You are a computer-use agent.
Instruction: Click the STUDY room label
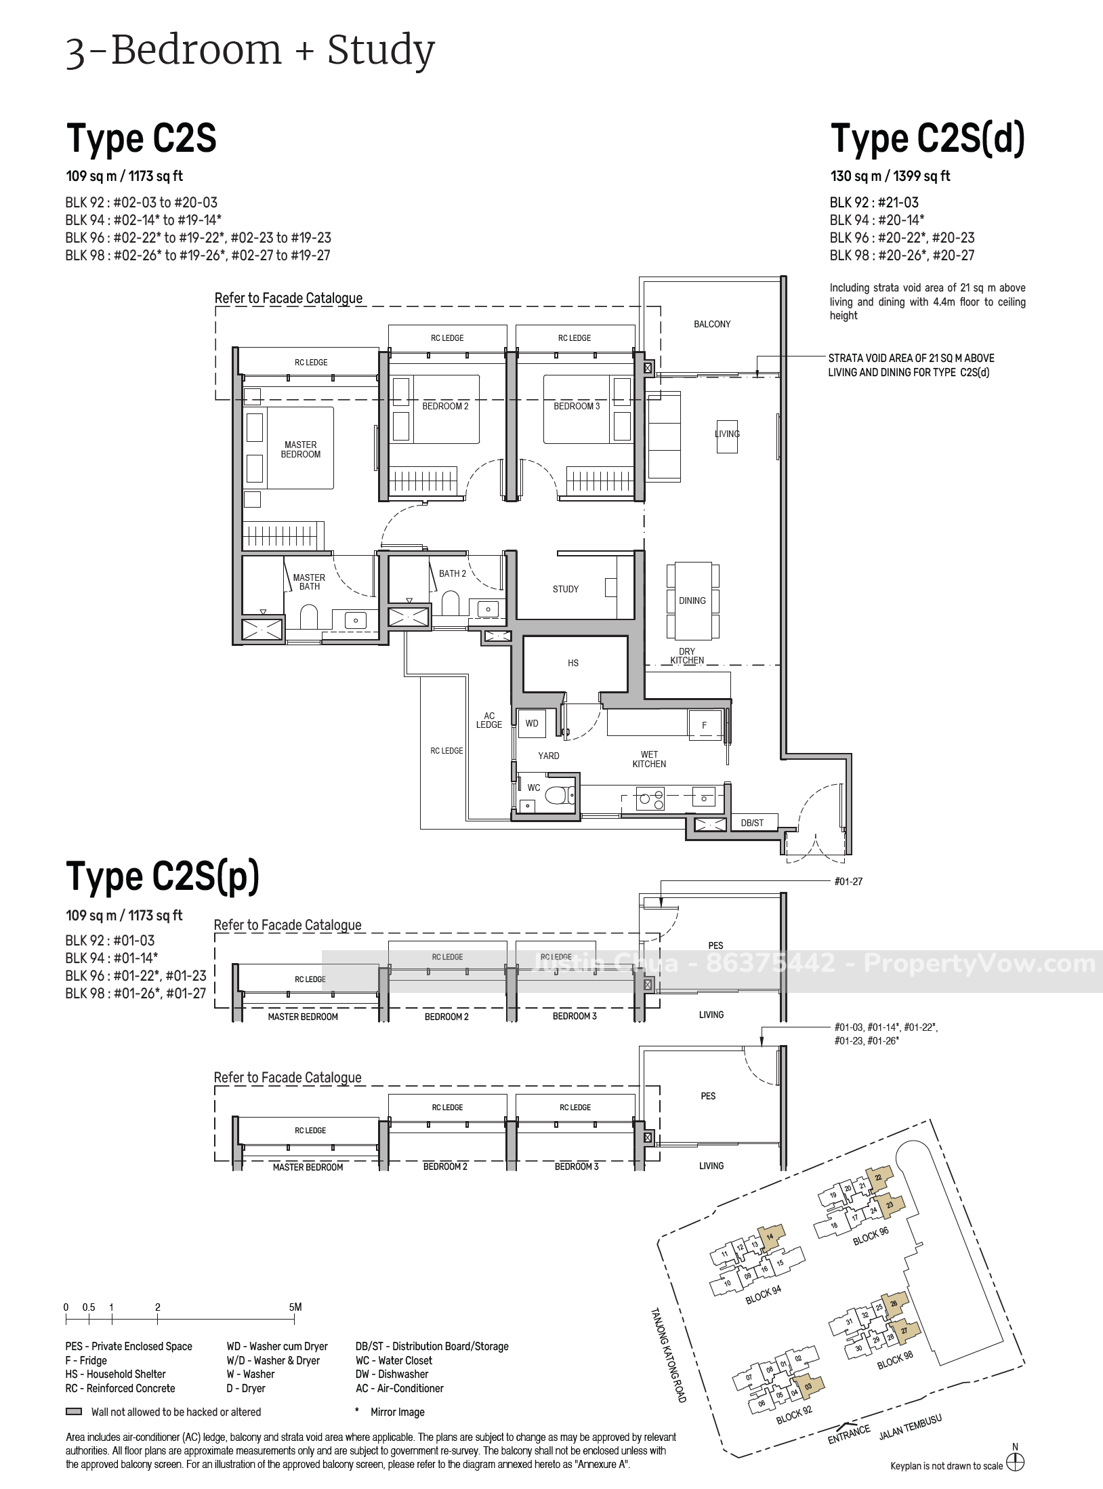pos(566,589)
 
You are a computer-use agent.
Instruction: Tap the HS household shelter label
pos(573,663)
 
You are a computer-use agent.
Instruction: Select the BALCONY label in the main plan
pos(712,324)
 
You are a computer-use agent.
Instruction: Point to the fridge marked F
pos(705,725)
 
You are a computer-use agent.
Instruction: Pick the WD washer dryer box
pos(533,723)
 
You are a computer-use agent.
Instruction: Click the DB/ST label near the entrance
pos(752,823)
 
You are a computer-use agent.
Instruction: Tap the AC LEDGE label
pos(489,720)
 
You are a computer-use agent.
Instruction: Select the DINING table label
pos(692,600)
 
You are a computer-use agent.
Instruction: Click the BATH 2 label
pos(453,573)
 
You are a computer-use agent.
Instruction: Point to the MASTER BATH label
pos(309,582)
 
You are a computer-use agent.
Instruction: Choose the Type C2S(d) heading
pos(928,139)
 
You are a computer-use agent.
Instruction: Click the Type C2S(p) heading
pos(163,876)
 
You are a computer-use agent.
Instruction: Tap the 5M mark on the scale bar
pos(295,1307)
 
